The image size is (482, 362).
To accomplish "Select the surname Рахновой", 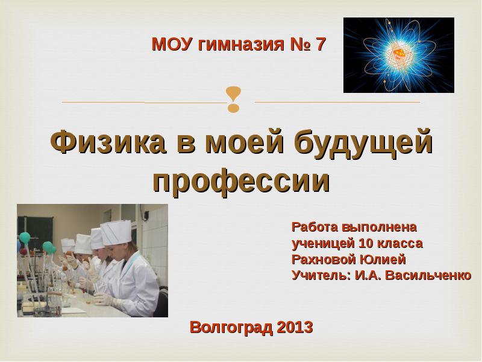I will pos(324,260).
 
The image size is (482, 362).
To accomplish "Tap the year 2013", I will pos(296,328).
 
